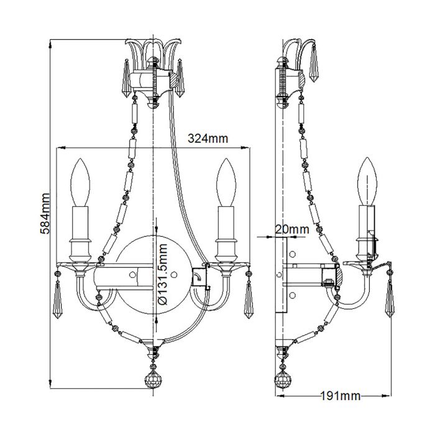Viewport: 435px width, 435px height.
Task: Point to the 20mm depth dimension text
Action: click(291, 229)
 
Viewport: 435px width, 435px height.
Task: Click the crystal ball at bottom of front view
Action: click(152, 380)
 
